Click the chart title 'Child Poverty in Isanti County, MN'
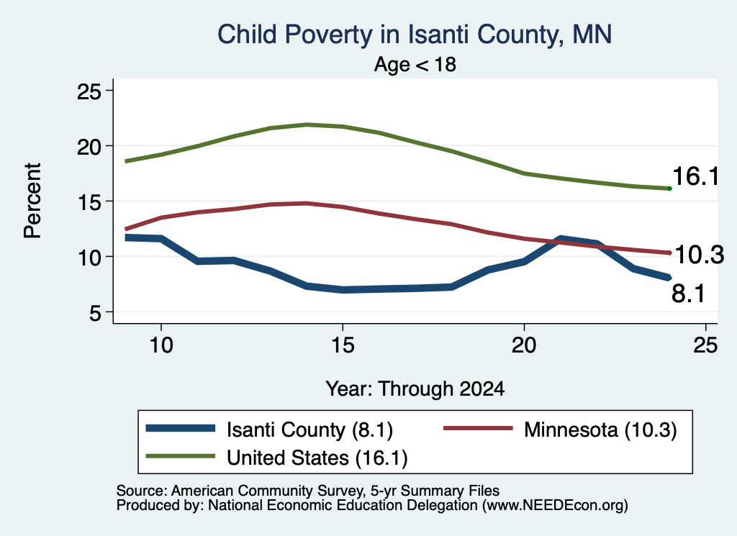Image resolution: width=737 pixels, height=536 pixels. click(x=415, y=35)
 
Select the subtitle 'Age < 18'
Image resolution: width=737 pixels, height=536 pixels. click(x=415, y=64)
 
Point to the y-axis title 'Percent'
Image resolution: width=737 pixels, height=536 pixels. click(x=32, y=201)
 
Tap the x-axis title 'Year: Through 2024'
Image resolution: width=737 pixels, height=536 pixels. click(x=415, y=389)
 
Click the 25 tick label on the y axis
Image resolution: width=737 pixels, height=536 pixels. click(x=89, y=91)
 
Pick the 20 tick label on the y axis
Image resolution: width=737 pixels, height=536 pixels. click(x=89, y=147)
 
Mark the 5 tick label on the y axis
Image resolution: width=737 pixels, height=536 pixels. click(x=96, y=312)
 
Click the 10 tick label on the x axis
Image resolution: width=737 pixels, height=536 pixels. click(x=161, y=345)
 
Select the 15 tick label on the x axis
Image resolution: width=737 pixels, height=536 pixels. click(x=343, y=345)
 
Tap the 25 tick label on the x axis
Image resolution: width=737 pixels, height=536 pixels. click(x=705, y=345)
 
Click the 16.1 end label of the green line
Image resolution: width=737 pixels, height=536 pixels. click(x=696, y=177)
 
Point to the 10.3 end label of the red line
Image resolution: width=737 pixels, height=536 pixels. click(x=699, y=255)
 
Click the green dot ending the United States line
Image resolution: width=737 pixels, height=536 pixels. click(x=669, y=188)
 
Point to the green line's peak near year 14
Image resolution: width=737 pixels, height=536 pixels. click(x=307, y=124)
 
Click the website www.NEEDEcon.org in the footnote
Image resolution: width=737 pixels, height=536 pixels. click(x=555, y=505)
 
